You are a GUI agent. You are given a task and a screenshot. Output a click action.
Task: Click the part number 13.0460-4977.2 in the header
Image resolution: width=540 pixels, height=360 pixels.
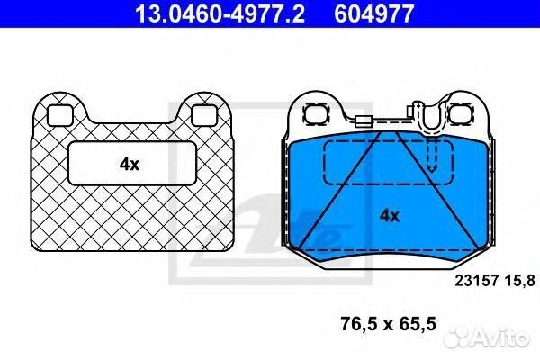point(220,13)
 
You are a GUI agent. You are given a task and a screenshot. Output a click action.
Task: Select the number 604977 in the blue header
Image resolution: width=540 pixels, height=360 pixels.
point(374,13)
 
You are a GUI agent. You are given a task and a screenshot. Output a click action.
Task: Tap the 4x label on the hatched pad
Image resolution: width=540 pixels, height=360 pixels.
point(130,165)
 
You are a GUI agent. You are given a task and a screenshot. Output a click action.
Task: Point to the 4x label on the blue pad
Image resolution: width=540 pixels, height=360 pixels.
point(390,216)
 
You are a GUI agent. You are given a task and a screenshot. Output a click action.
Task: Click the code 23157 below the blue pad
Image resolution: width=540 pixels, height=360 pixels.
point(477,281)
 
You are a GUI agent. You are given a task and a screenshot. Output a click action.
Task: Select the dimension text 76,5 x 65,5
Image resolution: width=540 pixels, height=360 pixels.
point(389,324)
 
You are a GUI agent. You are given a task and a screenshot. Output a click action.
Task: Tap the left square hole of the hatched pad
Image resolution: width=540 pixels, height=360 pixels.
point(59,115)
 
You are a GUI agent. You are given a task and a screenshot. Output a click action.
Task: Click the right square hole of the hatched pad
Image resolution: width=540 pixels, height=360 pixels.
point(204,115)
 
